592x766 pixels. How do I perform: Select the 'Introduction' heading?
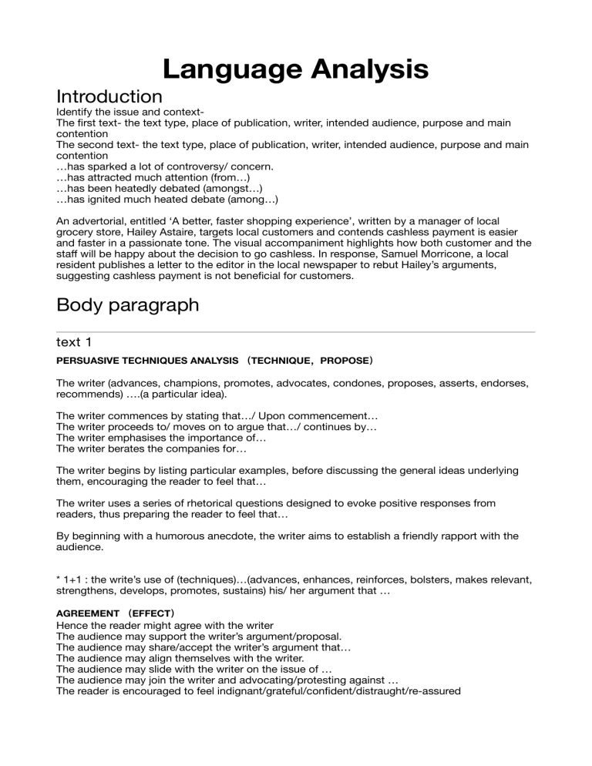[x=109, y=97]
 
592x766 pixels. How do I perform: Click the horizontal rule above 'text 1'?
[x=296, y=332]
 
